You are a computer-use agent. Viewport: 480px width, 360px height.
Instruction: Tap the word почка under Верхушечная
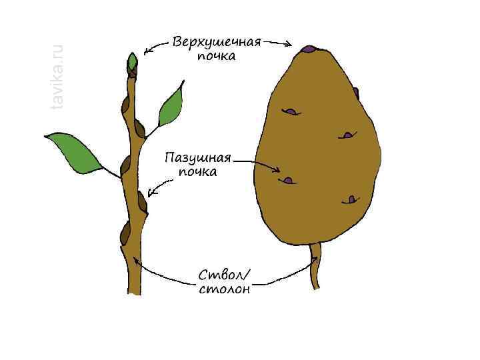(216, 57)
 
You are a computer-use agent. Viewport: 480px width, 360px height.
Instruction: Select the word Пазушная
(197, 159)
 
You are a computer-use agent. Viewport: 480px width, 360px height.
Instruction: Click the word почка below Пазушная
(197, 172)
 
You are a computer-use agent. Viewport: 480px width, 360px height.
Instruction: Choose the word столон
(224, 289)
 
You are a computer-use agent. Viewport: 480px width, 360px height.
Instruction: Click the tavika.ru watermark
(57, 77)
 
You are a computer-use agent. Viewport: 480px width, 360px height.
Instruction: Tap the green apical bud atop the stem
(133, 63)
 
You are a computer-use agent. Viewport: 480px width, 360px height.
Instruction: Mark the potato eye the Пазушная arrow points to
(288, 179)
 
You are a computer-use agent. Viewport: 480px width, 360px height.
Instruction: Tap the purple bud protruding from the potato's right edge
(356, 93)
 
